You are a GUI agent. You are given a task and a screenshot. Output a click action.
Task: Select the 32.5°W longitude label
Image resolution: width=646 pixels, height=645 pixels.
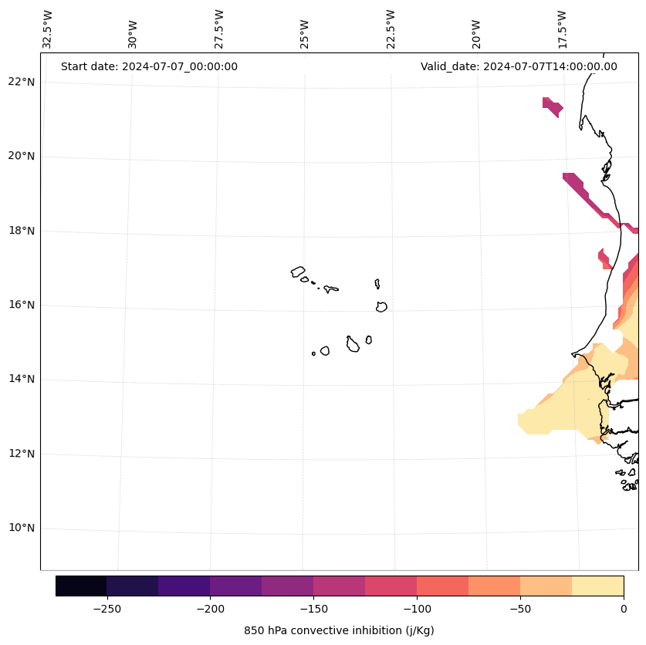coord(48,29)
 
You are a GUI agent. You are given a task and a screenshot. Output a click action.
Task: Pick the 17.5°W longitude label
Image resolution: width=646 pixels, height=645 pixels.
coord(562,29)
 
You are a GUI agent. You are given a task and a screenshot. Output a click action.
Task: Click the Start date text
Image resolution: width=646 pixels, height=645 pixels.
coord(149,66)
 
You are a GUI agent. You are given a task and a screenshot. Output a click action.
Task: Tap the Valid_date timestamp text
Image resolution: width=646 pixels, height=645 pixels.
coord(519,66)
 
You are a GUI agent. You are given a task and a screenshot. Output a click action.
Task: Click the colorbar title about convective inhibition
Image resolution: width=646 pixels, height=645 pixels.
coord(339,630)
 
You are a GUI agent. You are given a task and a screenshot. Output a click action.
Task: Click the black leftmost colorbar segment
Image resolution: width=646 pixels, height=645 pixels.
coord(81,586)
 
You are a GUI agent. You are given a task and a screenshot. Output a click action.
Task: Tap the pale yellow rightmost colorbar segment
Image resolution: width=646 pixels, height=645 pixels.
coord(597,586)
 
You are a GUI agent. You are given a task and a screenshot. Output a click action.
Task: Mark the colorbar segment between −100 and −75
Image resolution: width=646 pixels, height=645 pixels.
coord(442,586)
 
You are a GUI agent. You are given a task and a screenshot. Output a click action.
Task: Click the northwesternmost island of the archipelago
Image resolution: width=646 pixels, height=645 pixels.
coord(298,272)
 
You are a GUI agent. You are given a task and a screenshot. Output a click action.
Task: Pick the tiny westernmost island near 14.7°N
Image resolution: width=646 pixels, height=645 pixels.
coord(313,353)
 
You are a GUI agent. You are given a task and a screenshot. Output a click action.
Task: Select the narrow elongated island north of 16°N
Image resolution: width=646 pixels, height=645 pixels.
coord(377,284)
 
